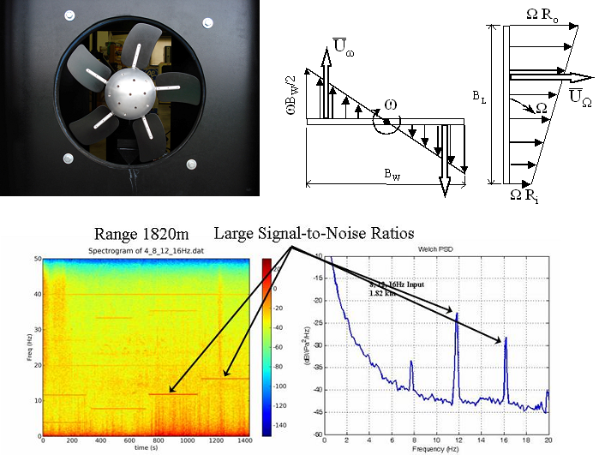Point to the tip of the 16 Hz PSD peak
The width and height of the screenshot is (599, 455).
[x=506, y=338]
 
